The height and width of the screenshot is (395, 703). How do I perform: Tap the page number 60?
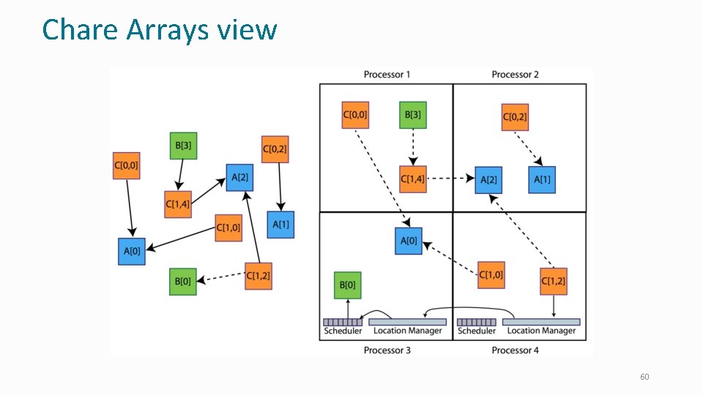tap(644, 377)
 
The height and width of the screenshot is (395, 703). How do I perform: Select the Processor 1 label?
tap(387, 75)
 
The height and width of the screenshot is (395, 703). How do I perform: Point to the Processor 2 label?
tap(516, 75)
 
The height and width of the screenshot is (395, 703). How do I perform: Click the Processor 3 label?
tap(387, 350)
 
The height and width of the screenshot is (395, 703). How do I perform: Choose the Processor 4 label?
tap(516, 350)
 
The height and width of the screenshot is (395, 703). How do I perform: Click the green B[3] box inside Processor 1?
tap(412, 115)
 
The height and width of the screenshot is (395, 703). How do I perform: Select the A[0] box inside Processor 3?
tap(409, 241)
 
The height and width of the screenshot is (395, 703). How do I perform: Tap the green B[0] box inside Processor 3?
tap(348, 285)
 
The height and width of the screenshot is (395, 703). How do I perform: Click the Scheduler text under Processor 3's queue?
tap(343, 331)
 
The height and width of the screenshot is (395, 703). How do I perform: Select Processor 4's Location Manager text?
tap(541, 331)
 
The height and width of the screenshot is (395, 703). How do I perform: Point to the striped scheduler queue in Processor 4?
tap(476, 322)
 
